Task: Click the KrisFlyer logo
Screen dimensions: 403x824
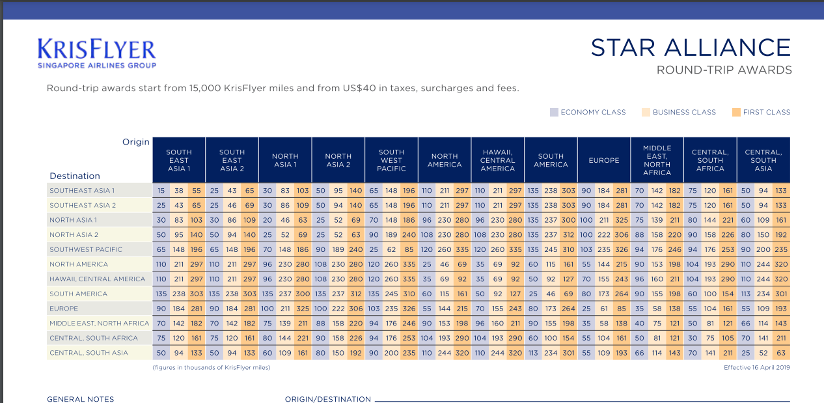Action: tap(97, 53)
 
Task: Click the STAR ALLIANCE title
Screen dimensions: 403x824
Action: tap(691, 48)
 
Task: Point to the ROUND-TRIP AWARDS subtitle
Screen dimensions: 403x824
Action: tap(724, 70)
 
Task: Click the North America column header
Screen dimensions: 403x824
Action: tap(445, 160)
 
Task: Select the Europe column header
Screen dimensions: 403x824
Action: tap(604, 160)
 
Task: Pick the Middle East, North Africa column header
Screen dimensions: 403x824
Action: tap(657, 160)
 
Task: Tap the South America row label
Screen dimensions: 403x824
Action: tap(78, 294)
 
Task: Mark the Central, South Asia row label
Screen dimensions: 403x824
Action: tap(89, 353)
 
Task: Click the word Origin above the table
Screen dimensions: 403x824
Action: tap(136, 142)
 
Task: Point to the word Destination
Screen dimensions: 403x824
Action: tap(75, 176)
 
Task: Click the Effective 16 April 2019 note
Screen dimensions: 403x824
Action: tap(756, 368)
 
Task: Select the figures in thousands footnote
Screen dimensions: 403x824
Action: tap(212, 368)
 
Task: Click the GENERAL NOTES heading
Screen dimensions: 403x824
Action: tap(80, 399)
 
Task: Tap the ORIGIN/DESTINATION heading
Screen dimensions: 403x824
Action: tap(328, 399)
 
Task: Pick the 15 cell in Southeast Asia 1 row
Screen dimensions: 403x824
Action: tap(161, 190)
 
